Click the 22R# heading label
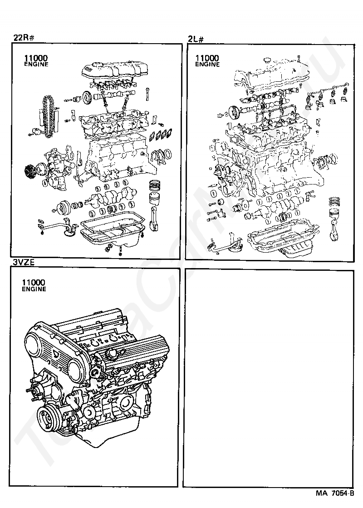pyautogui.click(x=24, y=38)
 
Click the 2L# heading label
pyautogui.click(x=196, y=39)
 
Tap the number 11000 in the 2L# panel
pyautogui.click(x=207, y=58)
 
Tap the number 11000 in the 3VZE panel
pyautogui.click(x=34, y=283)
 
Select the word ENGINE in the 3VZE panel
pyautogui.click(x=34, y=289)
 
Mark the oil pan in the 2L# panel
pyautogui.click(x=281, y=243)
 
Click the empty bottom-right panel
pyautogui.click(x=268, y=377)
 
